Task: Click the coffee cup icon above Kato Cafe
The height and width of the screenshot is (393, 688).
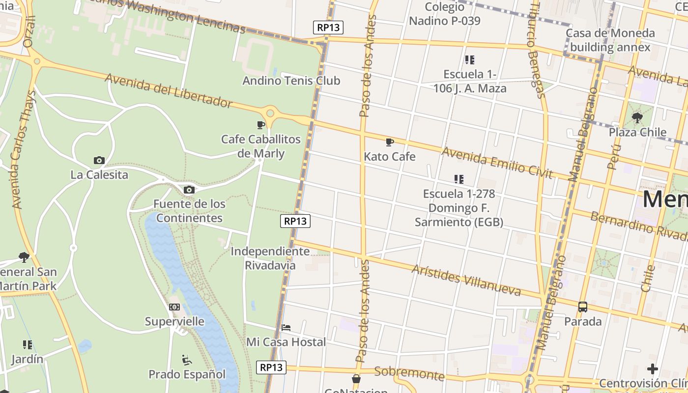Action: click(390, 142)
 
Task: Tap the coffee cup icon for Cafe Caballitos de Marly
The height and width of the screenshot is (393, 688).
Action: click(261, 125)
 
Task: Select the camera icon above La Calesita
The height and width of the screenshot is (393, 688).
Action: click(99, 160)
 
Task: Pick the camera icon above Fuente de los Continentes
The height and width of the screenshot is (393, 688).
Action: click(189, 190)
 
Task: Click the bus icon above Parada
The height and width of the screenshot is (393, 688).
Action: click(583, 307)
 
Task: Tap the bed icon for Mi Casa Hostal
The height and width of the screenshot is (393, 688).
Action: click(286, 328)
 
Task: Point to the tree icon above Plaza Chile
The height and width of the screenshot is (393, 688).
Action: click(637, 118)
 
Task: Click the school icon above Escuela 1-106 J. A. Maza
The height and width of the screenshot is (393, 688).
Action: click(470, 60)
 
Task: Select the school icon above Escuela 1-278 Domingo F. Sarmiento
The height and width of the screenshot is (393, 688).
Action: click(459, 179)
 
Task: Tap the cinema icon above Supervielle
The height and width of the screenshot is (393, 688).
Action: click(174, 307)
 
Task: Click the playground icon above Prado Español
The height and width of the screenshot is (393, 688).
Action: click(187, 360)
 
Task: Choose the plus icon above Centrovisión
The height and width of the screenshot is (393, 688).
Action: click(653, 368)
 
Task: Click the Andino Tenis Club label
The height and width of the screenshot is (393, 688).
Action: click(291, 81)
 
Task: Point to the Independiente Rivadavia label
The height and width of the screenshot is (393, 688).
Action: click(270, 258)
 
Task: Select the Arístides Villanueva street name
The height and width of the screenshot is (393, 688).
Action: click(466, 280)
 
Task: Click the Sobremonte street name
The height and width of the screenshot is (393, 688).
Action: click(409, 374)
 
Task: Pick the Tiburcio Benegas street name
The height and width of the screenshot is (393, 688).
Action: click(537, 49)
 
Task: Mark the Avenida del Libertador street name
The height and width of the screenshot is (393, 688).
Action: click(168, 90)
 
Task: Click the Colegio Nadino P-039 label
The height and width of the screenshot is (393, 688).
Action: click(445, 14)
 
